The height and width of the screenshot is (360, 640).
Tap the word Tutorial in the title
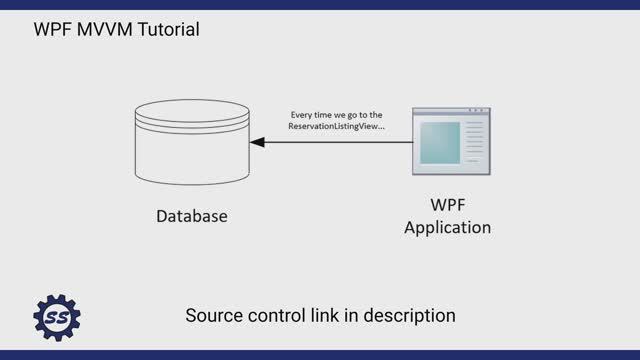pos(163,30)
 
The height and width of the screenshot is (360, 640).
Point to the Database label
pos(192,216)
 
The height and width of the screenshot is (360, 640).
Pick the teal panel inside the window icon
pos(439,143)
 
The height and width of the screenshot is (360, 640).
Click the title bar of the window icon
pos(450,112)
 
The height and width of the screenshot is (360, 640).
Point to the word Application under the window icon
pos(448,227)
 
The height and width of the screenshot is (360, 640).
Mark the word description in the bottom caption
pos(411,316)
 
